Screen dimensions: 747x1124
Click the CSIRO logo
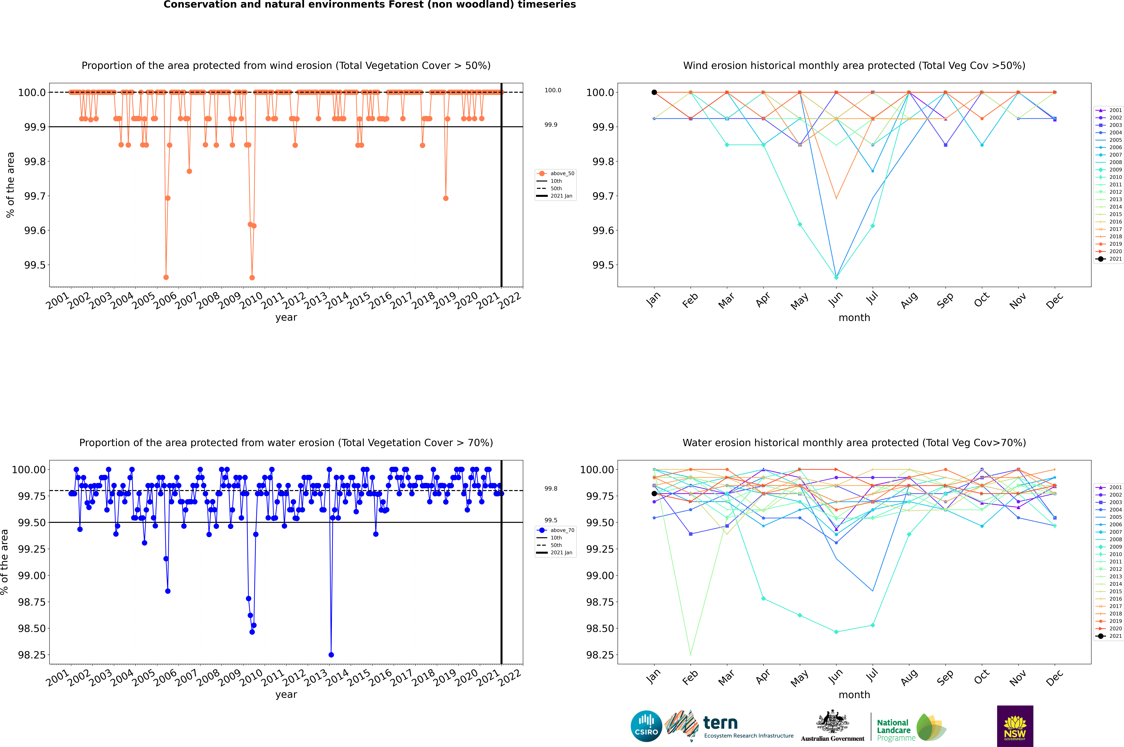[646, 726]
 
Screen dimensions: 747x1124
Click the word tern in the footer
[720, 723]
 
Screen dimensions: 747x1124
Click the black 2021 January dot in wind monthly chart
[654, 92]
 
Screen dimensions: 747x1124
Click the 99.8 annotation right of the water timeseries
[551, 488]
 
